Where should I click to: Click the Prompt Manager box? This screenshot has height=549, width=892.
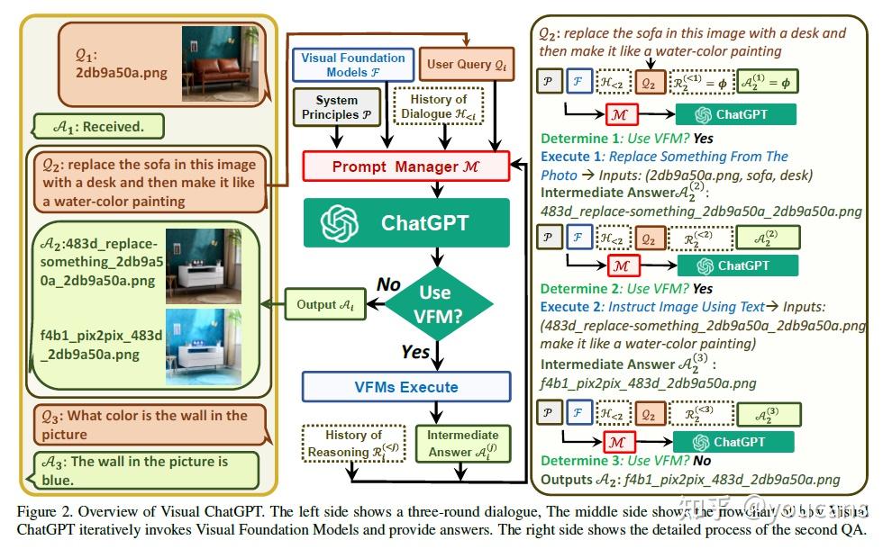406,167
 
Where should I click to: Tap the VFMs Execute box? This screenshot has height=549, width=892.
405,387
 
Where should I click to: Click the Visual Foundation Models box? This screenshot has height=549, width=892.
347,64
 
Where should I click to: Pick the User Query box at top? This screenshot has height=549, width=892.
466,64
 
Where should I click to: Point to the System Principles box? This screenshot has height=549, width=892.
337,107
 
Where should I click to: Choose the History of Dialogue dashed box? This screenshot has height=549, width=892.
439,107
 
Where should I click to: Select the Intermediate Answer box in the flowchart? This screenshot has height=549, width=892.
462,444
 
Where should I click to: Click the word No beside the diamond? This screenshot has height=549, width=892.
387,284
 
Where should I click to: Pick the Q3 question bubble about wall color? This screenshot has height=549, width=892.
144,424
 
